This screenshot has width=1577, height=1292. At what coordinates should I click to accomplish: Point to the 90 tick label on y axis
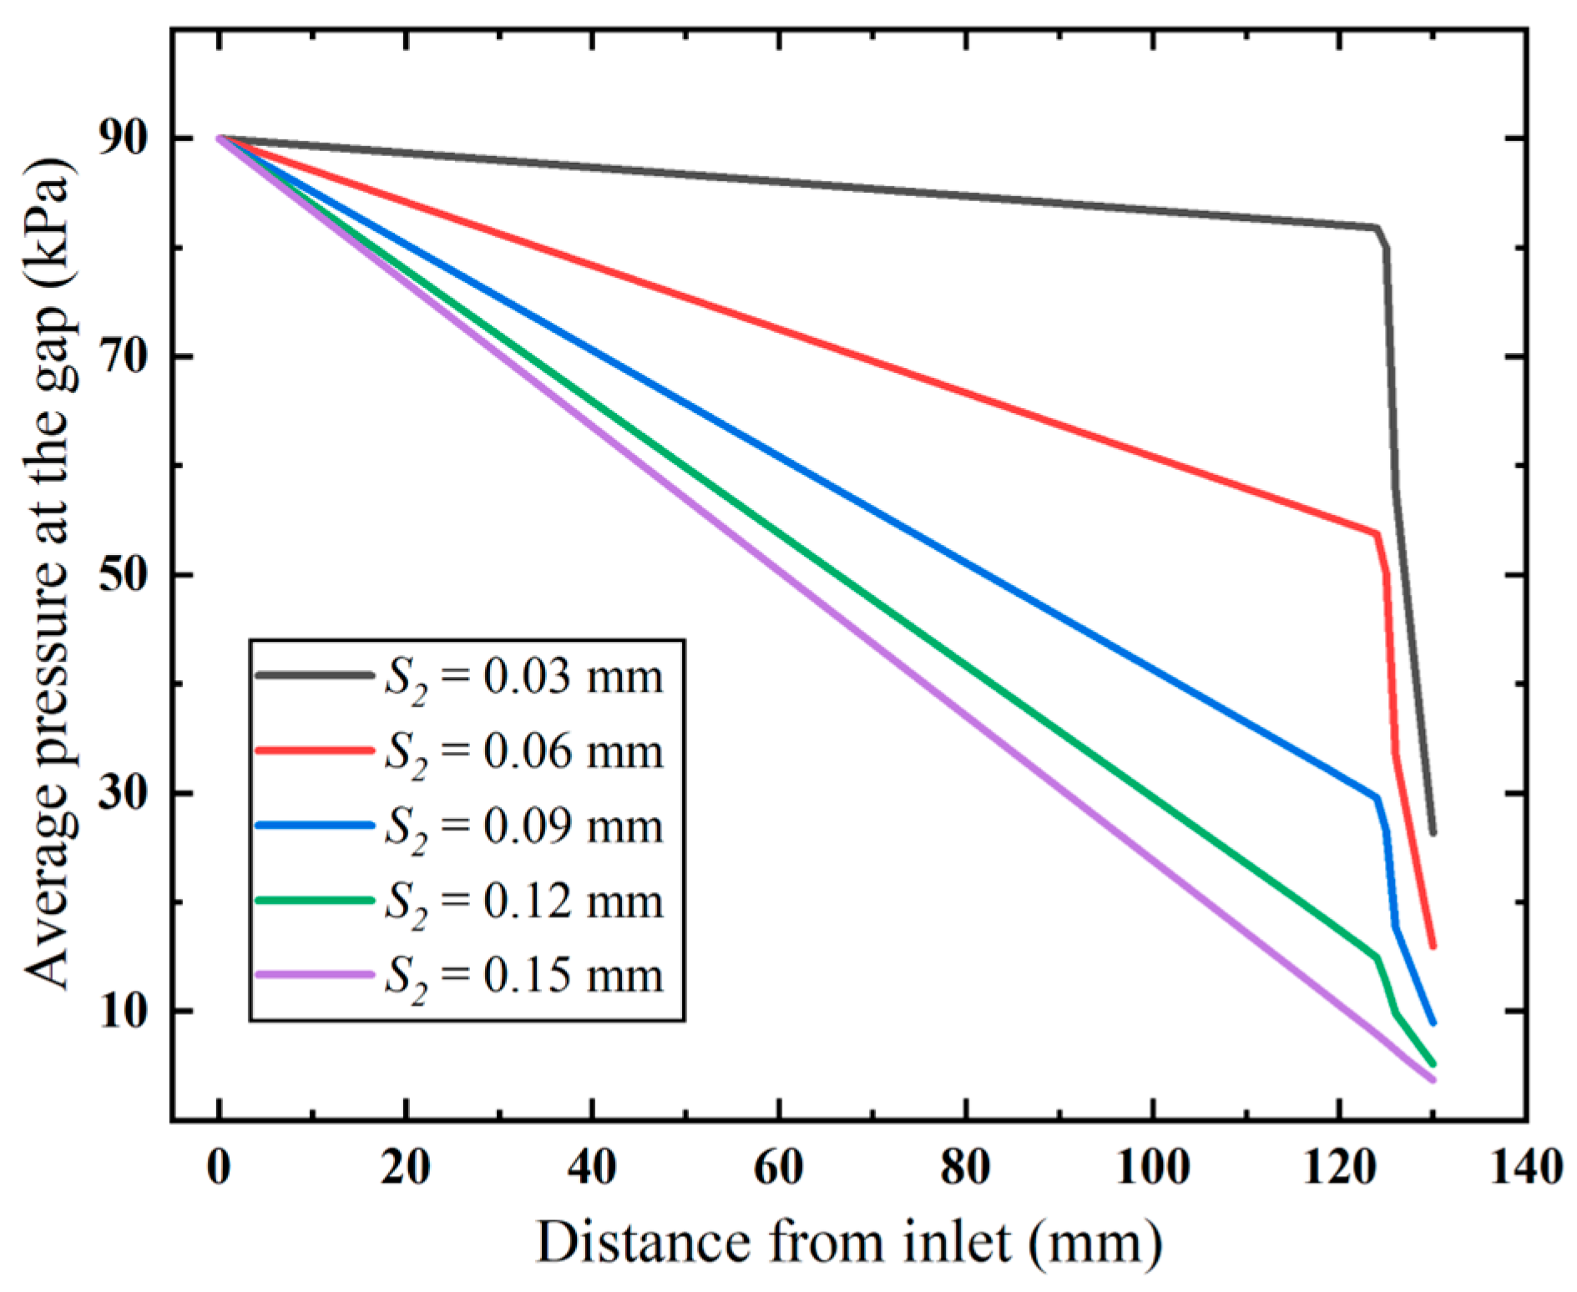[124, 139]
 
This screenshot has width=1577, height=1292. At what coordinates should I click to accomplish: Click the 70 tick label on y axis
[124, 357]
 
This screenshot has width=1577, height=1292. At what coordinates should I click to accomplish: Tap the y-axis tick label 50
[124, 576]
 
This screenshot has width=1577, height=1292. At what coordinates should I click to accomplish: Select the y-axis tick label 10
[124, 1012]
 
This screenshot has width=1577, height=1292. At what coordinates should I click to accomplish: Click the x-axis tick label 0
[219, 1167]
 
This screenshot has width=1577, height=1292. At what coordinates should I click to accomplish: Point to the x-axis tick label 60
[779, 1167]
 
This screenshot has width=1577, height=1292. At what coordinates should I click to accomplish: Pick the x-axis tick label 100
[1152, 1167]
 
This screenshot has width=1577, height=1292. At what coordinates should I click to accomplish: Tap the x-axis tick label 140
[1526, 1167]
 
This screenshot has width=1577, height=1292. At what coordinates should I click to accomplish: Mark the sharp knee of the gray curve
[1377, 228]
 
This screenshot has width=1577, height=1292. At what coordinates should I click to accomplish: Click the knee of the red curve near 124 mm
[1376, 533]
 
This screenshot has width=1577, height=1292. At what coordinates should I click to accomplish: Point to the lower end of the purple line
[1433, 1079]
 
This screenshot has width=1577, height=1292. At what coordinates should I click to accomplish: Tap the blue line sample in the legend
[314, 825]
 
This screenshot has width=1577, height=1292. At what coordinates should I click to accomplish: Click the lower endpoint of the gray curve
[1433, 832]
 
